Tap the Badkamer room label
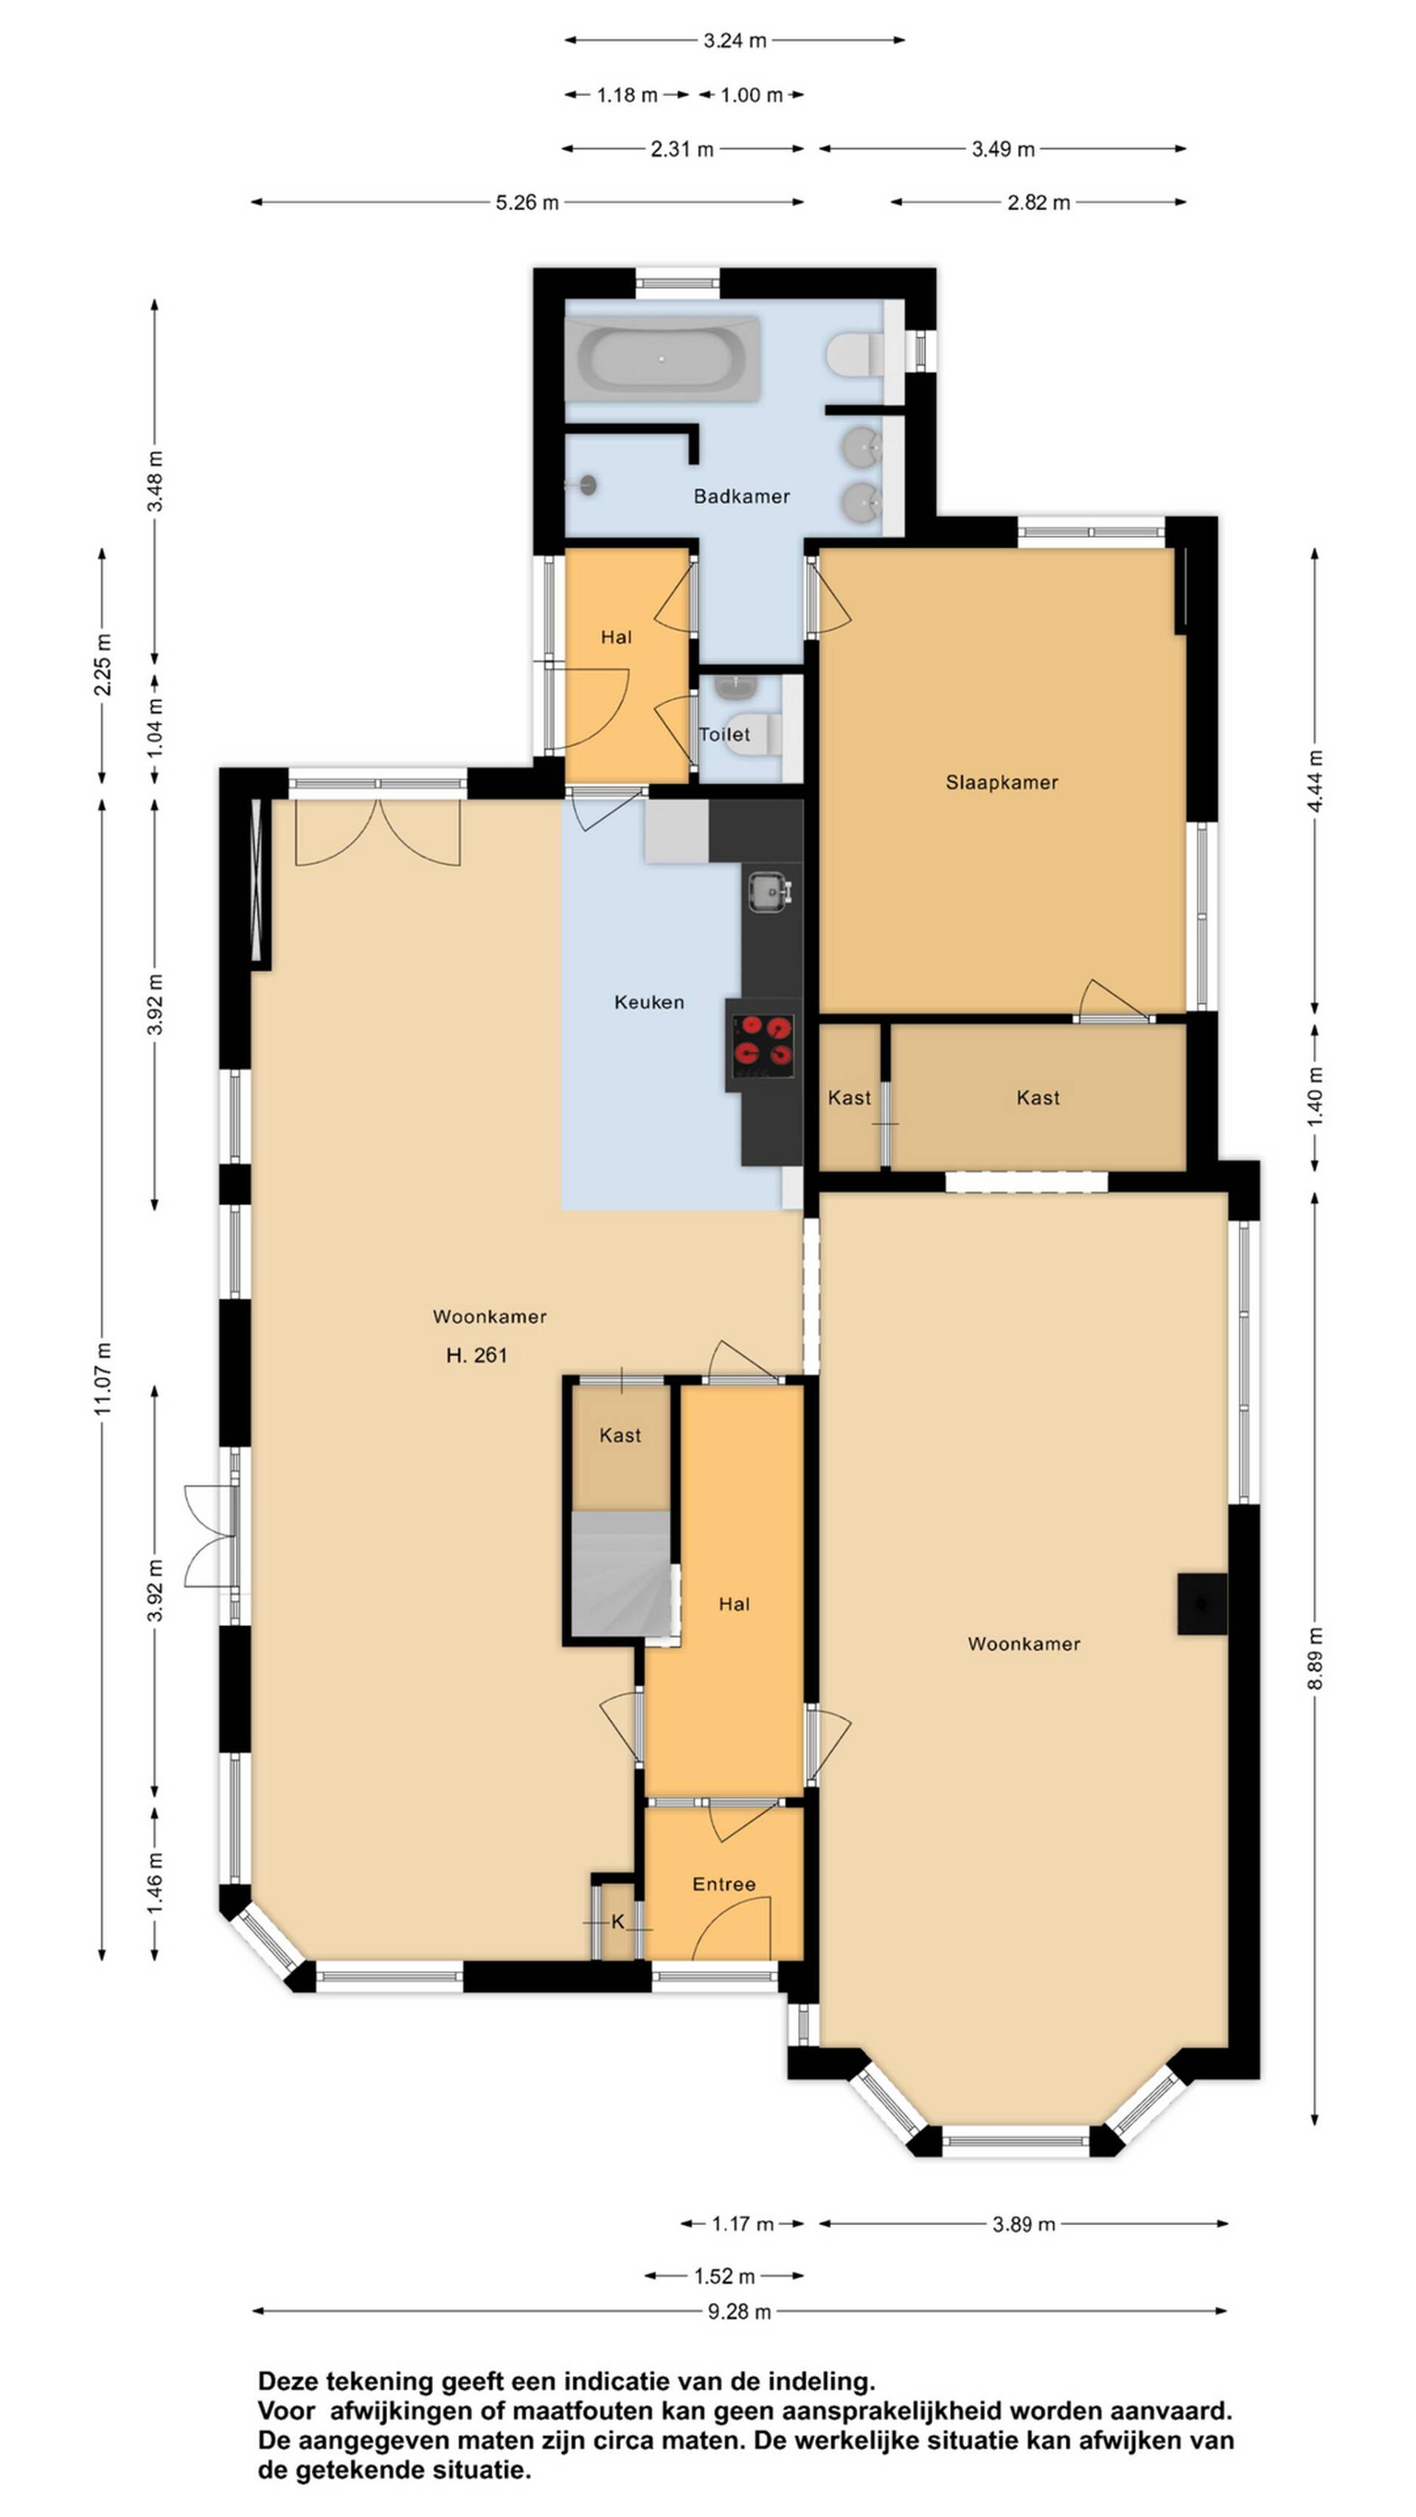click(x=742, y=496)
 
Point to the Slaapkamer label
click(x=1002, y=782)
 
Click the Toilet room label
click(x=724, y=734)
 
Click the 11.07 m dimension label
click(x=103, y=1378)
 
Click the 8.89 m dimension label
click(x=1316, y=1658)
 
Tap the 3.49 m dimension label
click(x=1003, y=150)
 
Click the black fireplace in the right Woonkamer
click(x=1202, y=1603)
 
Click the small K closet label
click(x=617, y=1922)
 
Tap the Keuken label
click(x=649, y=1001)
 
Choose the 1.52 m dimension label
click(x=724, y=2276)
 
